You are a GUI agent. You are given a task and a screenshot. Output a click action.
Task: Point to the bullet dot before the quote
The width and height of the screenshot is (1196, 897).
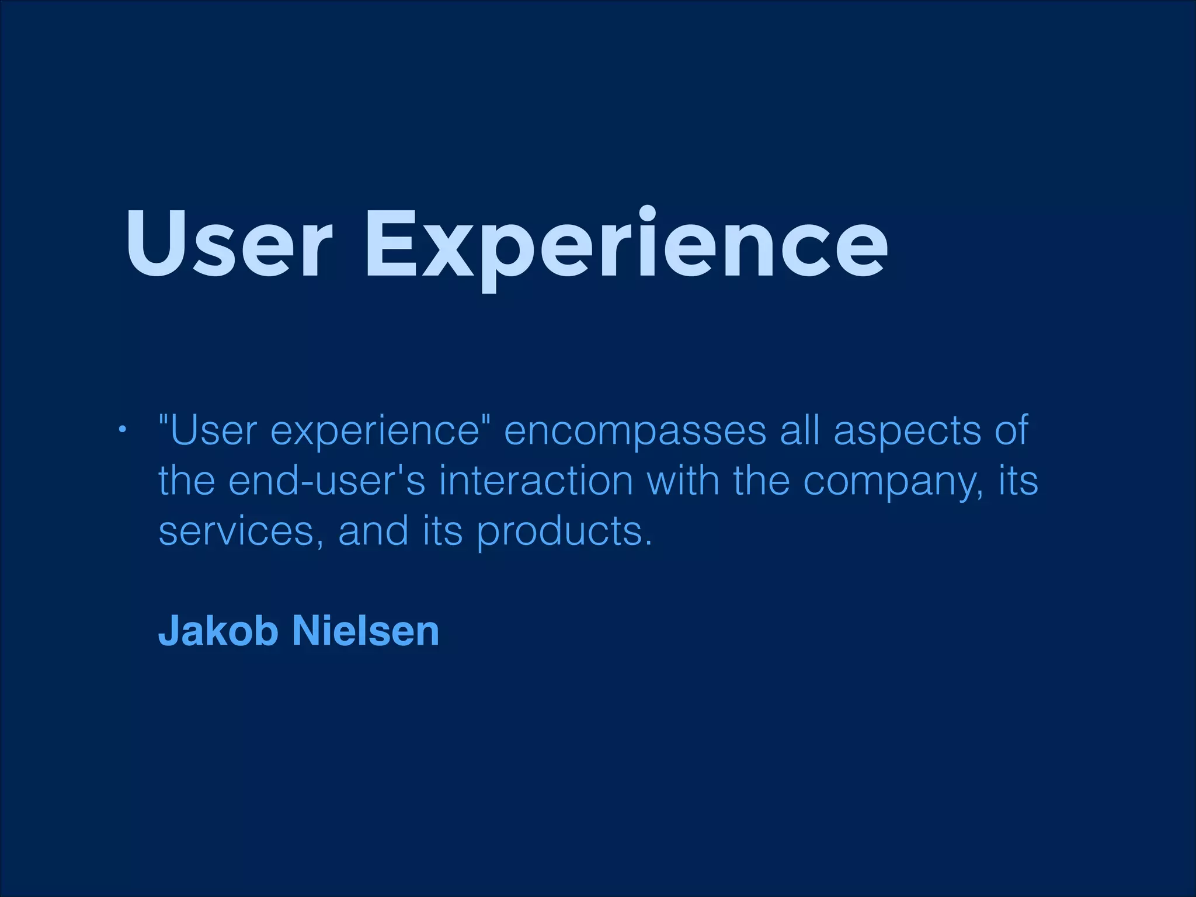coord(121,431)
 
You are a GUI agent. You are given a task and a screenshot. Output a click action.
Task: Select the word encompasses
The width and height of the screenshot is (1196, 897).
coord(635,431)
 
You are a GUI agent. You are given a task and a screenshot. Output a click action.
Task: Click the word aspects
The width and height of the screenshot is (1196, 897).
coord(907,431)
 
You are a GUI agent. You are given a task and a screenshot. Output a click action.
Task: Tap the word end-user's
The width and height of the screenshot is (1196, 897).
coord(327,481)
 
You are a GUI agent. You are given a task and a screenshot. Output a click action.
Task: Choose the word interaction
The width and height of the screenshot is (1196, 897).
coord(536,481)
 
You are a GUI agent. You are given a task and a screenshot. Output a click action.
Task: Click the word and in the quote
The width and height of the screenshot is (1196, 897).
coord(373,531)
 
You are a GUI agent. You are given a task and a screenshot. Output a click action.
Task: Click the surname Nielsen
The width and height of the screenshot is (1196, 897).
coord(365,631)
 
